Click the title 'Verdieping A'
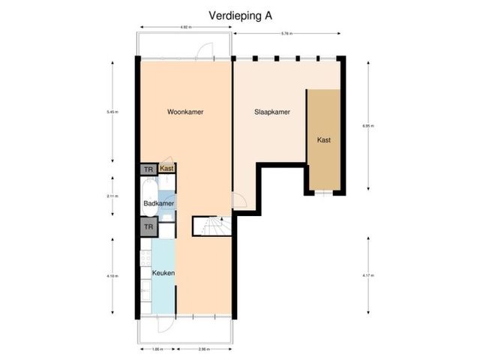pos(235,15)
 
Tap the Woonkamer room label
pos(185,112)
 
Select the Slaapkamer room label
pos(271,112)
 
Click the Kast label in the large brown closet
pos(324,140)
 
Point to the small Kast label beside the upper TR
pos(167,169)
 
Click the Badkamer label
pos(159,203)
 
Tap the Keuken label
pos(163,273)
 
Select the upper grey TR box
pos(148,169)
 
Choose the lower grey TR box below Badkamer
pos(148,226)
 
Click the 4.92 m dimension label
pos(184,28)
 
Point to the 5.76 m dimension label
pos(286,33)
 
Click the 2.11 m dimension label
pos(112,196)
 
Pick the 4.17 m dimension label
pos(367,275)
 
